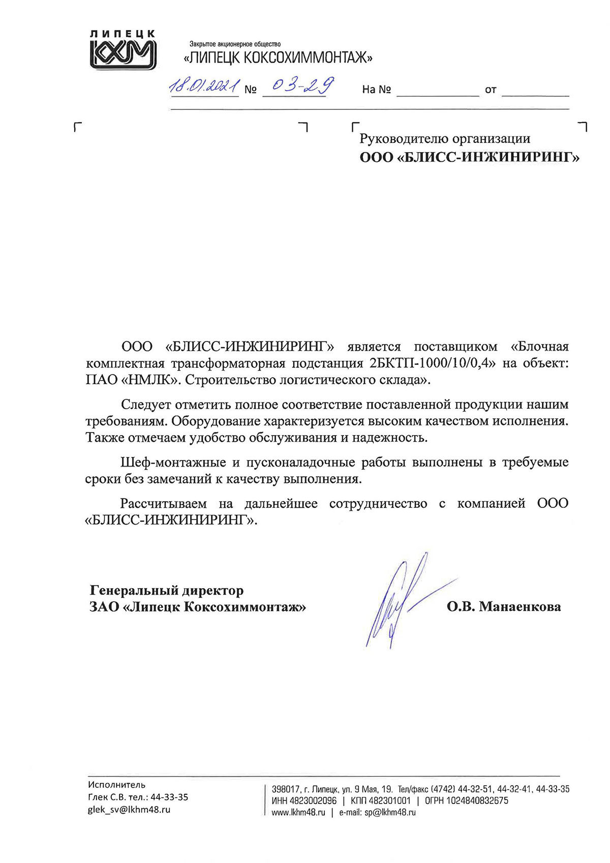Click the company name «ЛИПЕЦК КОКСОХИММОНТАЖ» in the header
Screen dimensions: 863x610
pos(278,58)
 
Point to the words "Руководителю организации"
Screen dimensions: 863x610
pos(445,138)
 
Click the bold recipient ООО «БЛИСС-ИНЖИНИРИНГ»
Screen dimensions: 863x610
pos(469,157)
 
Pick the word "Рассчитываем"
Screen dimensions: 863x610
pos(163,504)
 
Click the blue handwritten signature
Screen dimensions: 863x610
pos(396,600)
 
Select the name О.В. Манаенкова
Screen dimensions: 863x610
pos(504,607)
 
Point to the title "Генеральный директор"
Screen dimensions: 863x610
pos(167,590)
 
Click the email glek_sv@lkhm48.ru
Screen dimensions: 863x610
pos(129,810)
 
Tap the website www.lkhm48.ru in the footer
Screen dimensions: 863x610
pos(298,813)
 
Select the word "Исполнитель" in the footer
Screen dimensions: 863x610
pos(116,785)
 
